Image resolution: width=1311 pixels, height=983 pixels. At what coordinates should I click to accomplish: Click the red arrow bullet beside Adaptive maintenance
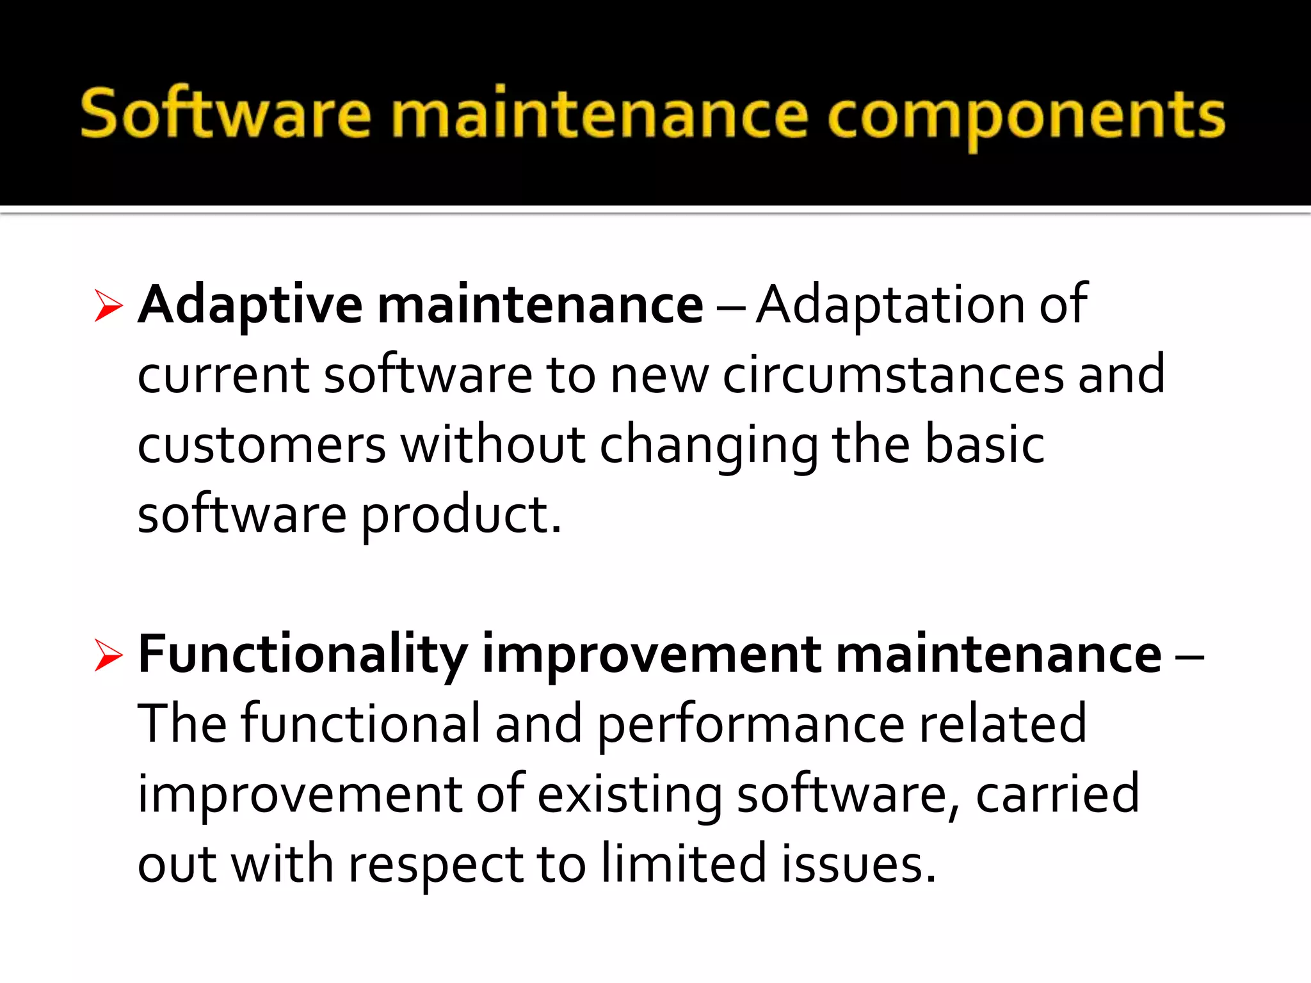point(108,305)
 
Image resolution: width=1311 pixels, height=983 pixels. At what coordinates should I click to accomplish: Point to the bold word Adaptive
point(250,306)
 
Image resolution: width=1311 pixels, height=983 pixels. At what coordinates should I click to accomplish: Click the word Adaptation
point(890,305)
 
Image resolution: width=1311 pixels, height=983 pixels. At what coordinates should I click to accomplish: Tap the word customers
point(261,445)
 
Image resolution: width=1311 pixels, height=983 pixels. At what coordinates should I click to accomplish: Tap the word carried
point(1057,795)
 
